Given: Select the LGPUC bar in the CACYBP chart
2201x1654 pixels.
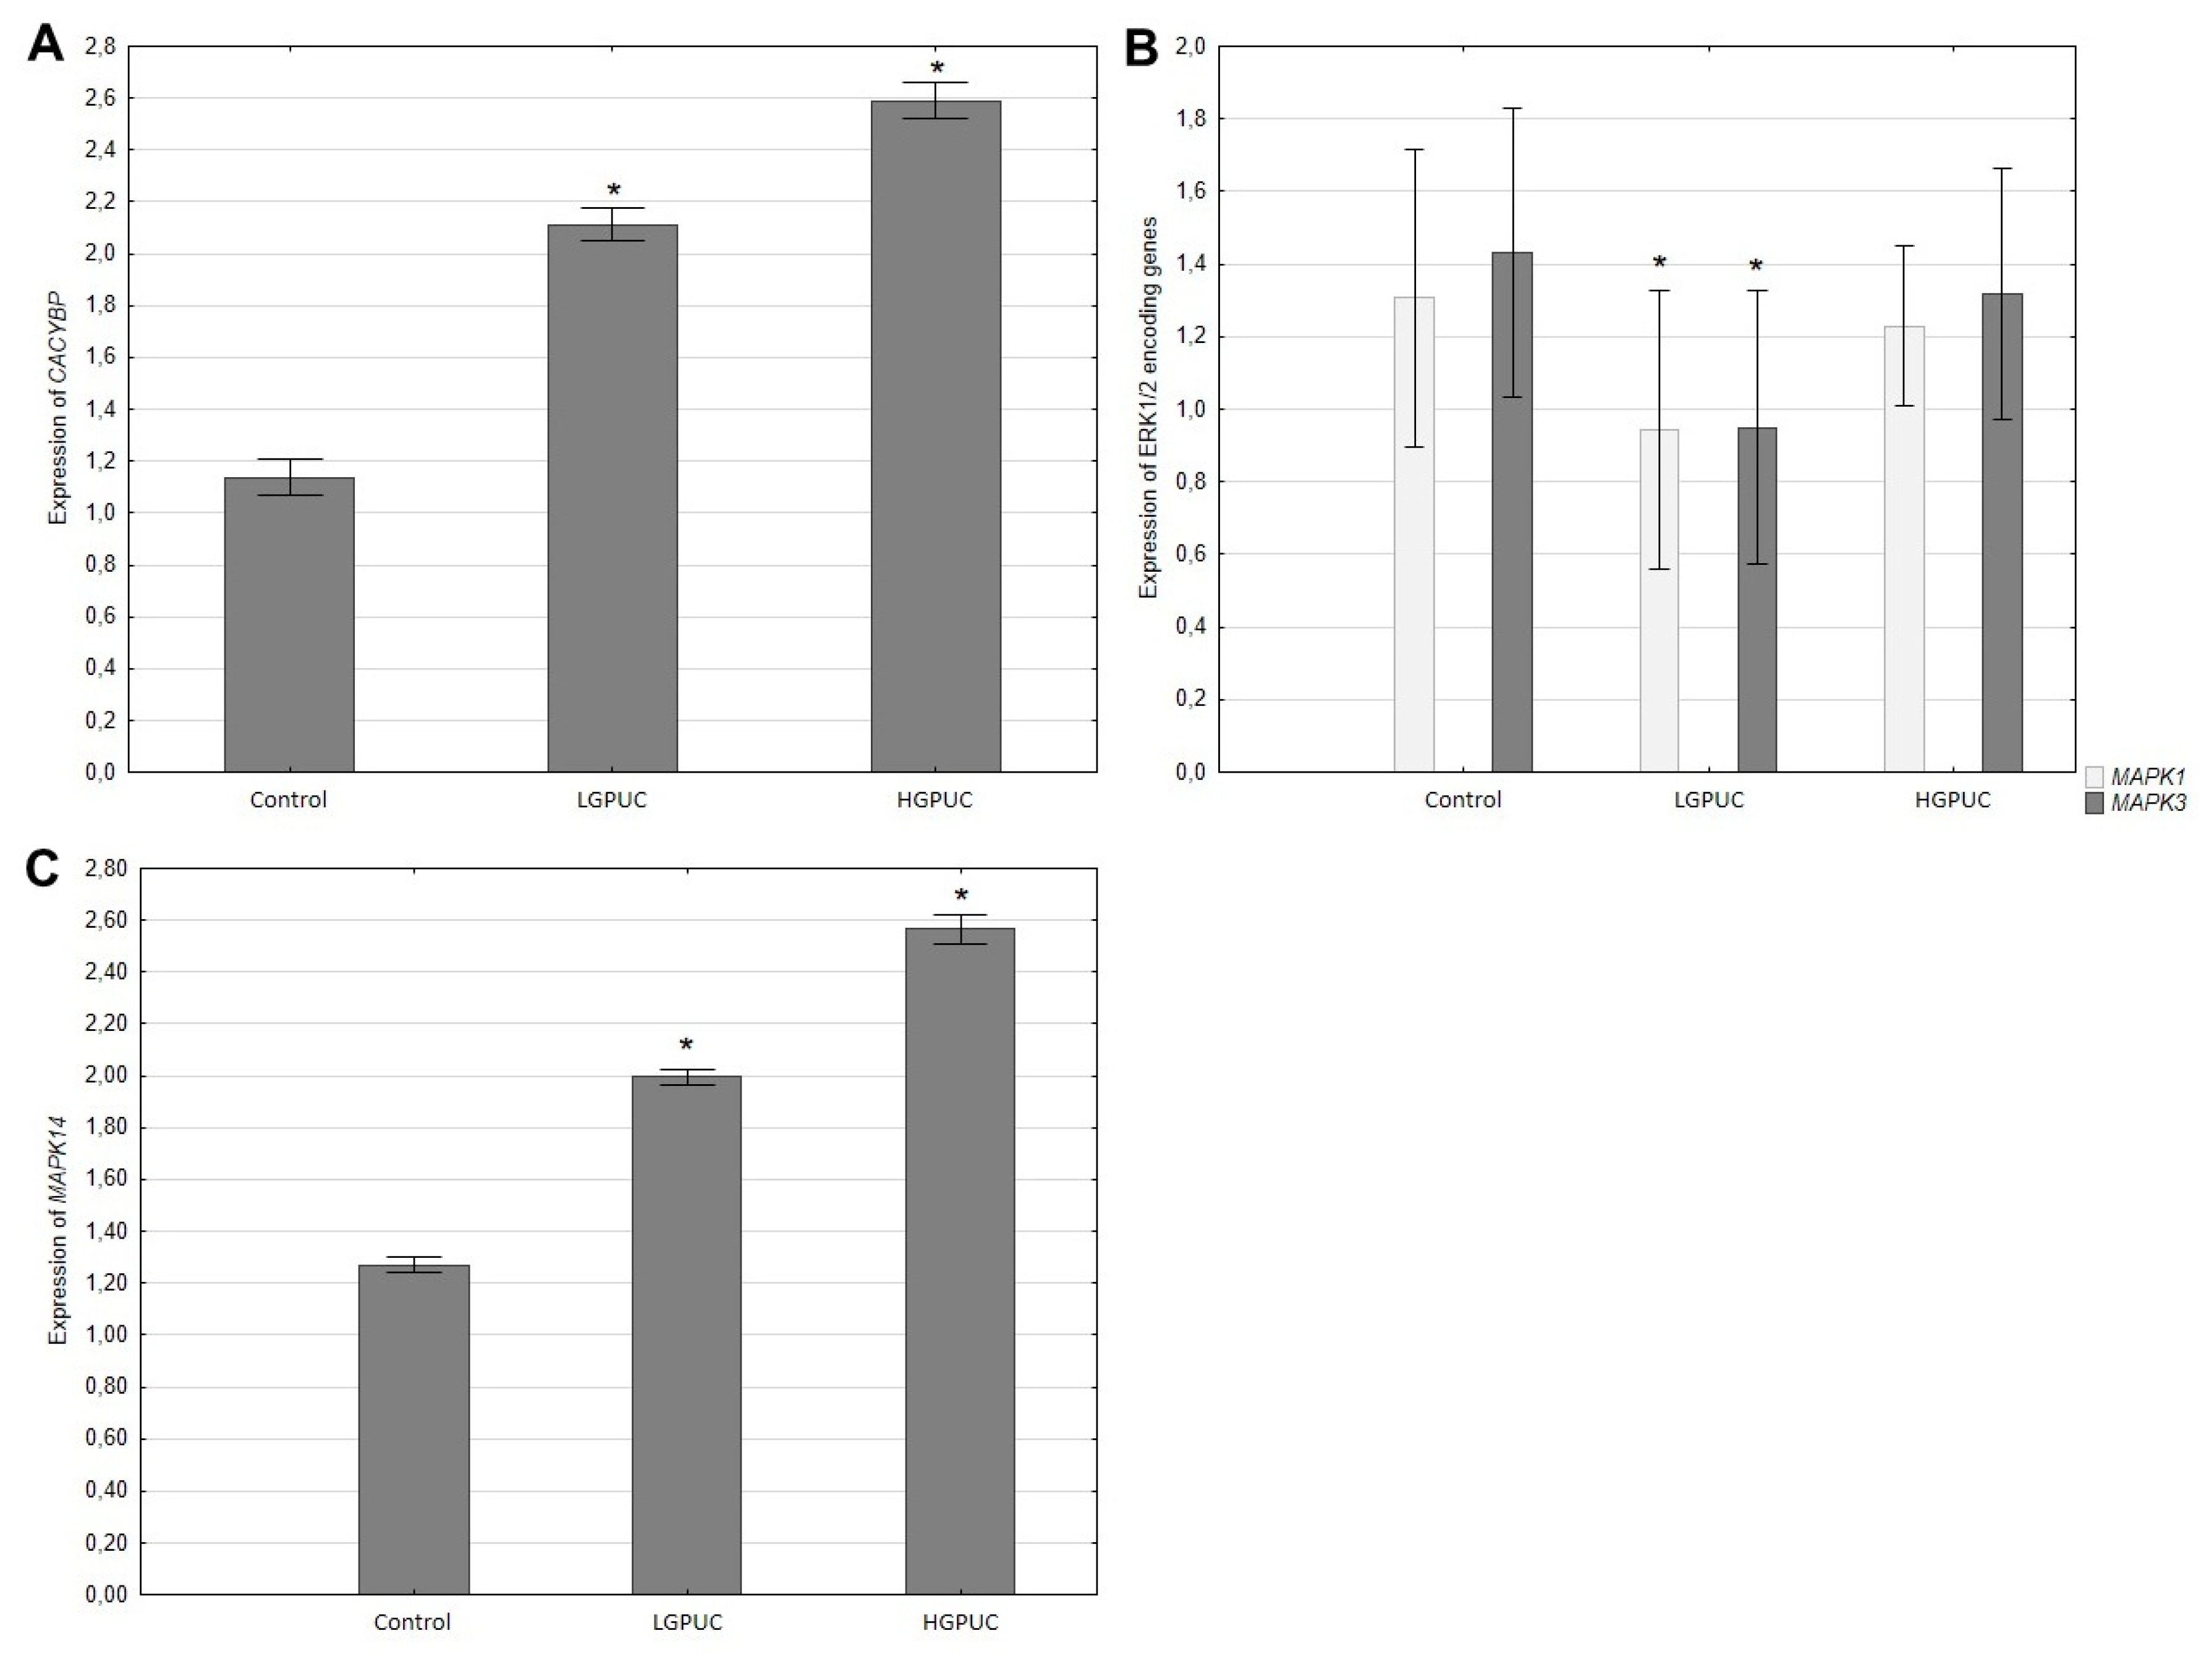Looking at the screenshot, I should tap(612, 498).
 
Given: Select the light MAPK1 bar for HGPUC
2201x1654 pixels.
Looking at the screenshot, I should tap(1904, 548).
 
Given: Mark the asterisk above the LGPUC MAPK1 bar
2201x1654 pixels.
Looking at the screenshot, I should tap(1659, 264).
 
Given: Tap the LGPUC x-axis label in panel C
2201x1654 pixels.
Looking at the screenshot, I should tap(687, 1622).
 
